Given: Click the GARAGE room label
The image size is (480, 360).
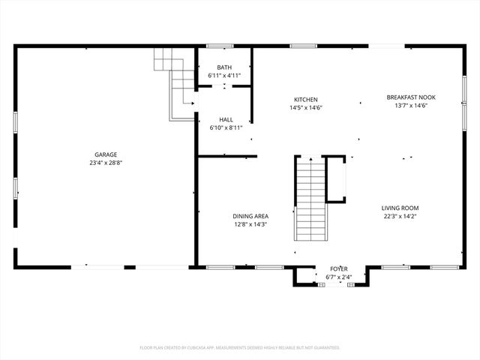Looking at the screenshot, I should point(105,154).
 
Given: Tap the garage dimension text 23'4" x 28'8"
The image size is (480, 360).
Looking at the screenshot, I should point(105,163).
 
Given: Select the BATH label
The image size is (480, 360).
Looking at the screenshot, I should point(224,67).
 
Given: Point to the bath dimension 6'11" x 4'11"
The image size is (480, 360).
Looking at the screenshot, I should point(224,76).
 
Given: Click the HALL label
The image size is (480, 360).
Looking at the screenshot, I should point(226,119).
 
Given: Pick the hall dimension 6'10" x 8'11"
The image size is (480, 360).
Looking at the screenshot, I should point(226,127).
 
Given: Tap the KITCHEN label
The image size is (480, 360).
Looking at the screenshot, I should point(306,100).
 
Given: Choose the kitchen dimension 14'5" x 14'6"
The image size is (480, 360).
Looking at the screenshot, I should point(306,108).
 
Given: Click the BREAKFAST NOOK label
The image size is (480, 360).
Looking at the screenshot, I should point(410,97).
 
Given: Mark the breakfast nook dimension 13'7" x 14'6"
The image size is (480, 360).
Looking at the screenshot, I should point(410,105).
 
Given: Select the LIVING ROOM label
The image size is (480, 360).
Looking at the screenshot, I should point(400,208).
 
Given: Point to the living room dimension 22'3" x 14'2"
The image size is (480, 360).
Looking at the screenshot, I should point(400,217).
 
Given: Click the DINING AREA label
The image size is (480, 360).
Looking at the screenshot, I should point(250,216).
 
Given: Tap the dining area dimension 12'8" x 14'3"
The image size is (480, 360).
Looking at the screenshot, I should point(250,224).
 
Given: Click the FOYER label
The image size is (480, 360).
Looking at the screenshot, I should point(339,268).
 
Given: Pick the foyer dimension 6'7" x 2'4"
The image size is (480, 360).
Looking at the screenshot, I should point(339,277).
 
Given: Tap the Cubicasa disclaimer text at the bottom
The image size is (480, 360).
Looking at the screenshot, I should point(240,348).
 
